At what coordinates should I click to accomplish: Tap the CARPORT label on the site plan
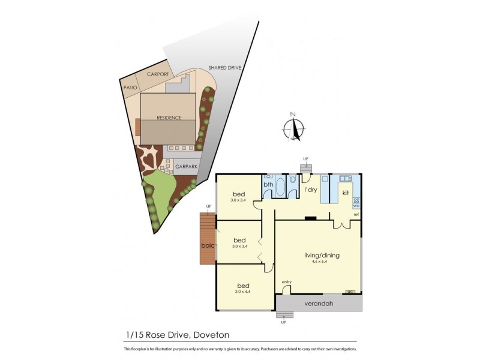(x=157, y=76)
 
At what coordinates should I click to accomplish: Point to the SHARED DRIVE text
(x=224, y=68)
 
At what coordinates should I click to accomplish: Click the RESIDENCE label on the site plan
(x=169, y=118)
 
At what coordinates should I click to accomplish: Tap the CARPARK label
(x=185, y=167)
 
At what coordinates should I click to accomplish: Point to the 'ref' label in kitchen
(x=356, y=215)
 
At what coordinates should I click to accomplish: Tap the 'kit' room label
(x=345, y=193)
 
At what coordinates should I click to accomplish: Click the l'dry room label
(x=311, y=190)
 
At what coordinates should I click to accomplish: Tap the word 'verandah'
(x=320, y=303)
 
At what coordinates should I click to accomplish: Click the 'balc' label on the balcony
(x=207, y=245)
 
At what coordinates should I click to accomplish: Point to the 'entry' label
(x=286, y=282)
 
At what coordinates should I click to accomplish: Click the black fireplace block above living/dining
(x=310, y=218)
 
